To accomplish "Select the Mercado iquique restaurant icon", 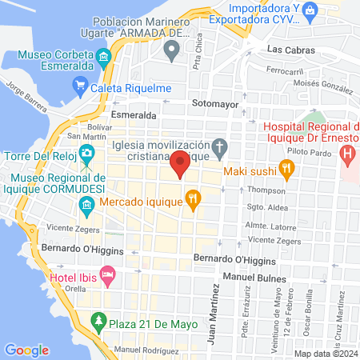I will point(192,198).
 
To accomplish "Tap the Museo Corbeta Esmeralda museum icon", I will point(103,58).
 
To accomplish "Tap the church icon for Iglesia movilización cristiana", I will point(220,147).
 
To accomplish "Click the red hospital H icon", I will point(347,153).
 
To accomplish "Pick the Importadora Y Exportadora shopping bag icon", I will point(311,12).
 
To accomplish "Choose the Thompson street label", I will point(266,190).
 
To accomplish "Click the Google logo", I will point(26,350).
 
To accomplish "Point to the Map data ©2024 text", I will point(326,354).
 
